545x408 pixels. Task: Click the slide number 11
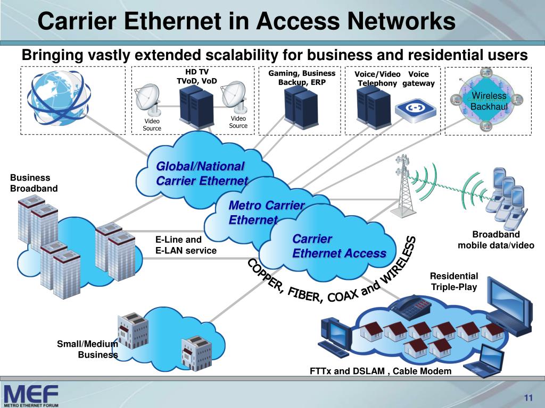tap(529, 399)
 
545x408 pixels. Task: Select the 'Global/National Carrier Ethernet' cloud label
tap(202, 174)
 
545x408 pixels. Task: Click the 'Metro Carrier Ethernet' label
tap(266, 212)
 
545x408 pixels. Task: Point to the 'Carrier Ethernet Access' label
tap(338, 246)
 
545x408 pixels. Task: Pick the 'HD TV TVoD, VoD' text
tap(196, 76)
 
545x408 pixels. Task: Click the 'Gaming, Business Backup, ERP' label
tap(302, 78)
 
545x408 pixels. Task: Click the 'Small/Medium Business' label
tap(88, 350)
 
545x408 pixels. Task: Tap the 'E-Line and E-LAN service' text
tap(186, 245)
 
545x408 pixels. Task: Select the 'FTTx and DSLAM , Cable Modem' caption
tap(381, 371)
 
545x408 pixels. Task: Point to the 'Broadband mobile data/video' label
tap(496, 240)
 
